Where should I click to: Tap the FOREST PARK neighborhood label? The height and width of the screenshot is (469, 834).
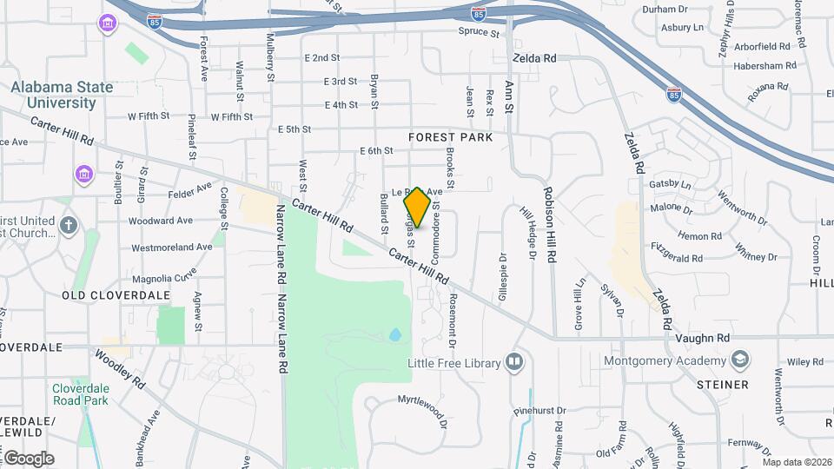450,137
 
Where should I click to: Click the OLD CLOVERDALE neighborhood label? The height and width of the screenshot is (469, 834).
104,295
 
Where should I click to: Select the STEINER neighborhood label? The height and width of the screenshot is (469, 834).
722,384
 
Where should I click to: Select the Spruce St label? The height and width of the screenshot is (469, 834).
480,33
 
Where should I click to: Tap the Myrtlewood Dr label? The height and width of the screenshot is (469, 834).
422,411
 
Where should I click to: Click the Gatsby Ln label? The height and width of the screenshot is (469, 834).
671,185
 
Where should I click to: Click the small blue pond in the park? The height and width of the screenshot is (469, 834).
395,334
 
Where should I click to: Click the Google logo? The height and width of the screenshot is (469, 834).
30,458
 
